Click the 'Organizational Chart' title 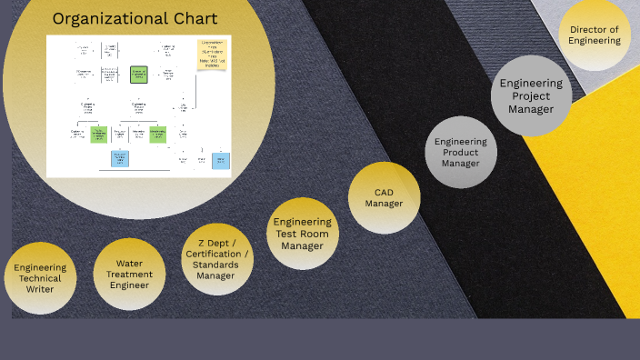[135, 19]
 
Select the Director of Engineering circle [595, 35]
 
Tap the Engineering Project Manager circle [532, 95]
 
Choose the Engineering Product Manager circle [460, 152]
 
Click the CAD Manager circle [384, 197]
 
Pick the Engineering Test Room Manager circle [303, 234]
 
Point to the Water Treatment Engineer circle [129, 274]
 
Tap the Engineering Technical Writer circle [40, 278]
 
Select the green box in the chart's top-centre [138, 74]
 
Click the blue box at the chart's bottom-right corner [220, 161]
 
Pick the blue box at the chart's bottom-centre [120, 159]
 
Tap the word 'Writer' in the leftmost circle [40, 289]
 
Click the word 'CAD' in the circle [384, 192]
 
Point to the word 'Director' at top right [595, 29]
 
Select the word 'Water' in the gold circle [129, 263]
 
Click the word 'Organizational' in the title [98, 19]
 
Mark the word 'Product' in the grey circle [460, 152]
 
